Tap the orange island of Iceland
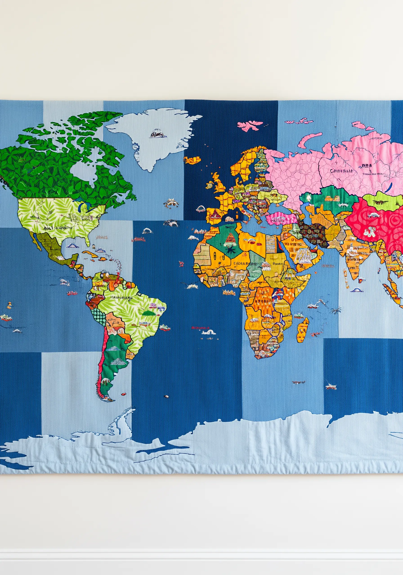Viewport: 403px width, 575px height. click(193, 159)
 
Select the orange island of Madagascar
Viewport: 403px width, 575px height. click(303, 330)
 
